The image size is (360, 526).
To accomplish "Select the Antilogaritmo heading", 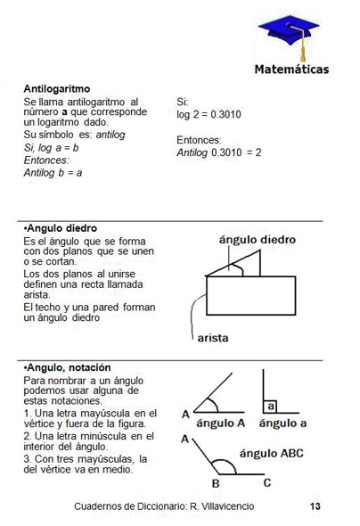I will pyautogui.click(x=60, y=90).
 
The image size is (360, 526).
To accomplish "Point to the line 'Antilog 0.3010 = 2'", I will pyautogui.click(x=219, y=152).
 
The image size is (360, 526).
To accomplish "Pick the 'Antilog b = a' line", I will pyautogui.click(x=53, y=173).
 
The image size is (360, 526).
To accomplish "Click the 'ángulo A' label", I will pyautogui.click(x=220, y=423).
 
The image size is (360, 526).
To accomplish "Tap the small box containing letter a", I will pyautogui.click(x=270, y=407).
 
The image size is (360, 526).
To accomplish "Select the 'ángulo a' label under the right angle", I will pyautogui.click(x=286, y=423).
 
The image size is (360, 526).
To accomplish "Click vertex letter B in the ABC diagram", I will pyautogui.click(x=215, y=484).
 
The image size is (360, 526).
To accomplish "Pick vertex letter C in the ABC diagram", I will pyautogui.click(x=266, y=484).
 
